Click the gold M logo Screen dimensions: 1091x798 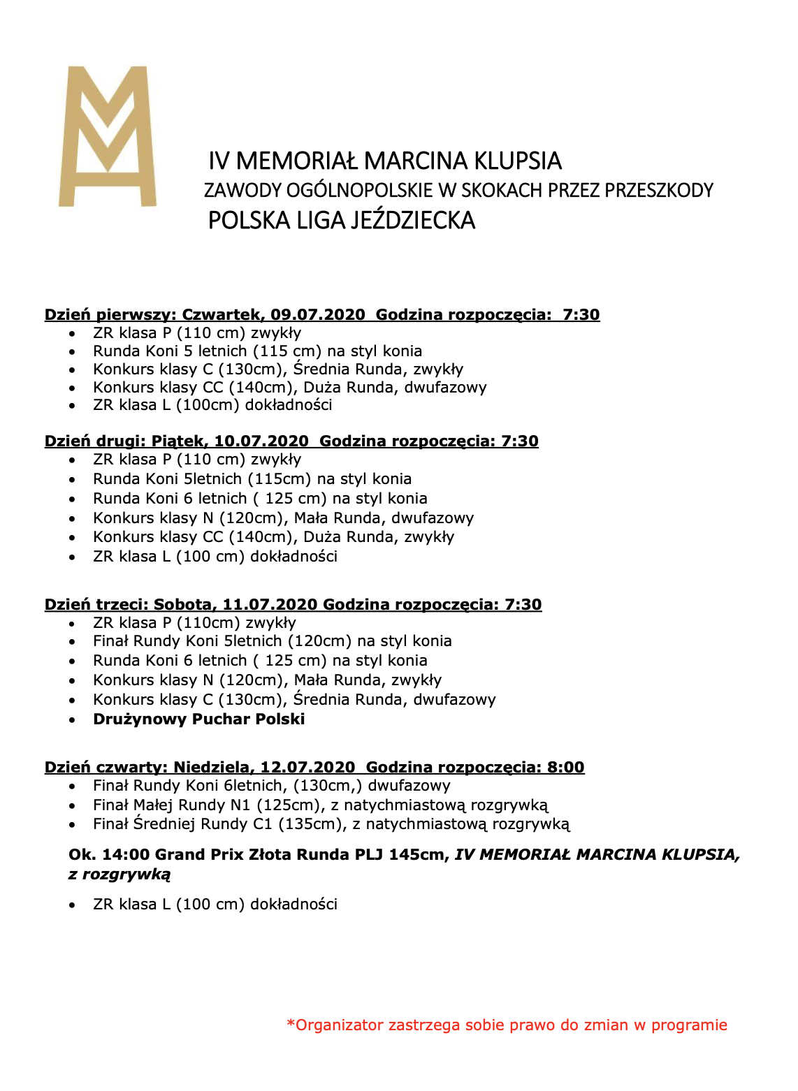pyautogui.click(x=108, y=136)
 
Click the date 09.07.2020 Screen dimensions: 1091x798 pyautogui.click(x=318, y=315)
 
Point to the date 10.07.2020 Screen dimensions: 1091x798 pyautogui.click(x=261, y=441)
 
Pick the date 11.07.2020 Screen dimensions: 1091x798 pyautogui.click(x=270, y=605)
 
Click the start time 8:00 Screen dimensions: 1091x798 pyautogui.click(x=566, y=768)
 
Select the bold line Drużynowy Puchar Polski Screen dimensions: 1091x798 pyautogui.click(x=199, y=719)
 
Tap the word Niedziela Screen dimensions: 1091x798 pyautogui.click(x=212, y=768)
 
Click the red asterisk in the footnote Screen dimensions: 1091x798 pyautogui.click(x=291, y=1024)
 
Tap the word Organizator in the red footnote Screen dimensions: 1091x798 pyautogui.click(x=340, y=1025)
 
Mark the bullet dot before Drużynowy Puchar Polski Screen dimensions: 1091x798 pyautogui.click(x=72, y=720)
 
